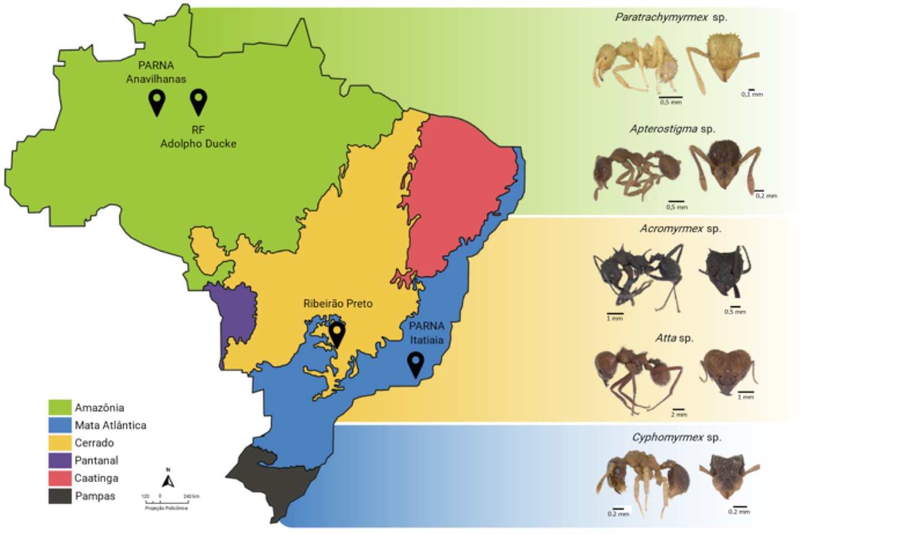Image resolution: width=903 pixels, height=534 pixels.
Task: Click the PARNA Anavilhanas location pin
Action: (157, 102)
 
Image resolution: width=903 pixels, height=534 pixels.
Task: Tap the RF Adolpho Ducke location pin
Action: (198, 100)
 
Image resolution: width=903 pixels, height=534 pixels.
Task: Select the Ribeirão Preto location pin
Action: (337, 334)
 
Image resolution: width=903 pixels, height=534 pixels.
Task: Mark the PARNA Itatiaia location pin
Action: (416, 364)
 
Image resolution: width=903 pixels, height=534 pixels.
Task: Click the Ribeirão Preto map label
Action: (337, 304)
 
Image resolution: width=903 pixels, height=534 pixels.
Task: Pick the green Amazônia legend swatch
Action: (60, 407)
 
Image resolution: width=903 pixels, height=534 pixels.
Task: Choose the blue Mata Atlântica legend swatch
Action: (60, 425)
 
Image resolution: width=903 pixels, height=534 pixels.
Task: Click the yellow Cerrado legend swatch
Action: (60, 443)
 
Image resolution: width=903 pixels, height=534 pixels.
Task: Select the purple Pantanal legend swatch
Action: (60, 460)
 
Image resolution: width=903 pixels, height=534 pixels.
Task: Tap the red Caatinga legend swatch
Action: (60, 478)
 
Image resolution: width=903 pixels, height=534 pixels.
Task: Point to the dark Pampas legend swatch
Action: (60, 496)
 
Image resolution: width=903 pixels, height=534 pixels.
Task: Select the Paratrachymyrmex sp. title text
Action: (671, 17)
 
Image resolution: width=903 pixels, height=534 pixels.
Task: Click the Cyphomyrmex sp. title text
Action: (676, 437)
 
